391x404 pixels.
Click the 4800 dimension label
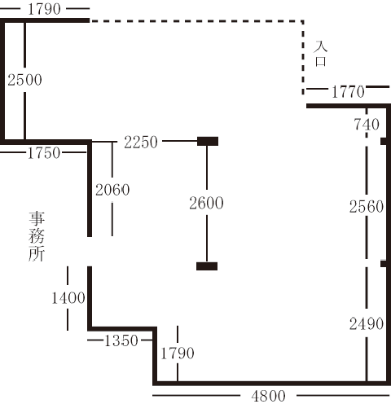click(269, 396)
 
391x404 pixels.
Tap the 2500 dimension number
click(24, 80)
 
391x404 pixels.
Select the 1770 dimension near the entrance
click(348, 92)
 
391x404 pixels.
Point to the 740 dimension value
click(367, 125)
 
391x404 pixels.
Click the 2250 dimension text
click(141, 142)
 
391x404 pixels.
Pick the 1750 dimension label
click(44, 153)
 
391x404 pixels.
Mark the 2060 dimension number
click(112, 190)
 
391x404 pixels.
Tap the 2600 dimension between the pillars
click(206, 203)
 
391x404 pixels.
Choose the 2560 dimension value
click(367, 207)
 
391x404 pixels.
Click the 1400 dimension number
click(68, 298)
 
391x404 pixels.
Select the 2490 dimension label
click(367, 324)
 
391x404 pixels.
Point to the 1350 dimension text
click(121, 340)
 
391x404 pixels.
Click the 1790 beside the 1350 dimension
click(178, 353)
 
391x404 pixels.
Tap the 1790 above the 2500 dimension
click(44, 9)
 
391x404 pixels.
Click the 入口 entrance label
click(320, 54)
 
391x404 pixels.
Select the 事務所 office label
click(37, 236)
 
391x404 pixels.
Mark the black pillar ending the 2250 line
click(208, 141)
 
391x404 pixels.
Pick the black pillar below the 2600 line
click(207, 266)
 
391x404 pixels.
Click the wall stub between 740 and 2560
click(384, 141)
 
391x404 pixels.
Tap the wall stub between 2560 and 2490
click(384, 263)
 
